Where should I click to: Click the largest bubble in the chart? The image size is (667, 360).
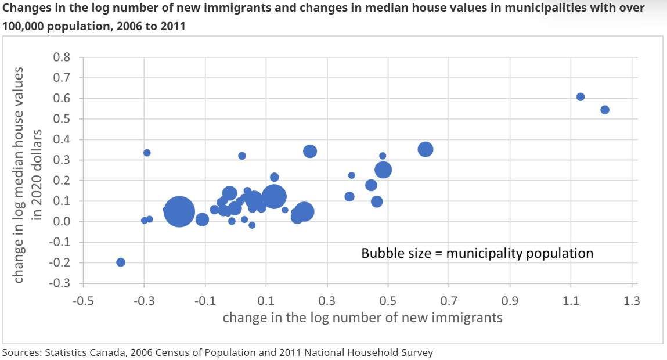coord(179,211)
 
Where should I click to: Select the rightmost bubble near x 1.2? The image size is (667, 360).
coord(605,110)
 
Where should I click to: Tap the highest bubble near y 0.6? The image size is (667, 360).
coord(581,97)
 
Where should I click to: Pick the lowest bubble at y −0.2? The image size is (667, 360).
coord(121,262)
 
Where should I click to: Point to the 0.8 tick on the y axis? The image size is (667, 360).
coord(62,57)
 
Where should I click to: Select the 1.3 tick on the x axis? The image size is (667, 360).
coord(632,301)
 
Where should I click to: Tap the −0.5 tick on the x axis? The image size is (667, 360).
coord(84,301)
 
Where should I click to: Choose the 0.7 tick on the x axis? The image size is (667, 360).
coord(449,301)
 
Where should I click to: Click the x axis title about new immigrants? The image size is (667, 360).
coord(362,318)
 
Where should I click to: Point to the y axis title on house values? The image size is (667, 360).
coord(28,174)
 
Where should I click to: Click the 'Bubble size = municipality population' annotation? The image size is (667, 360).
coord(477,253)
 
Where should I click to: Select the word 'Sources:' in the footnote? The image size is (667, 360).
coord(22,352)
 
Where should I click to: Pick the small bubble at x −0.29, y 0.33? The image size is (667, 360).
coord(147,153)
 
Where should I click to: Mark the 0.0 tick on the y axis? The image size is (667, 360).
coord(62,222)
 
